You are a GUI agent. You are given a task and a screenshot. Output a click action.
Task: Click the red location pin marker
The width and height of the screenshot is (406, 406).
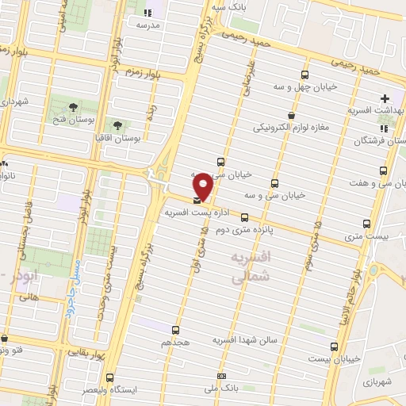click(x=204, y=186)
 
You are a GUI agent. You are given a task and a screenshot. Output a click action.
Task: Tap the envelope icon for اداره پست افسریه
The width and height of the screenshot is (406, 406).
click(x=197, y=201)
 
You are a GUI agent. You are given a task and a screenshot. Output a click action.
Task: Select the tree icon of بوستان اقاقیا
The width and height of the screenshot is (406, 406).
click(x=117, y=125)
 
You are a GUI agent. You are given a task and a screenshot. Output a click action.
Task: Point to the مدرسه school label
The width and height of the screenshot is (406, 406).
click(x=147, y=25)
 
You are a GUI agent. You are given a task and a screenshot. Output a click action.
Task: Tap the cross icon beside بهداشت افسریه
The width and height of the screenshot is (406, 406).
click(x=385, y=98)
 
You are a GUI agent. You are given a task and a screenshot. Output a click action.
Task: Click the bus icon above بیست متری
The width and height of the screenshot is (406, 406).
click(x=366, y=224)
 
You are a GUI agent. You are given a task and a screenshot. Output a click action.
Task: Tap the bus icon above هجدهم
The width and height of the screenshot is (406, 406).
click(x=175, y=329)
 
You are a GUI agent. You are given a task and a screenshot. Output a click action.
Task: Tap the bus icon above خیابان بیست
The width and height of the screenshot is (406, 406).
click(x=334, y=347)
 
